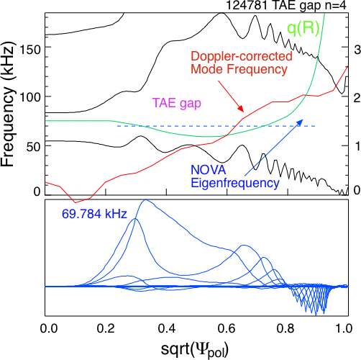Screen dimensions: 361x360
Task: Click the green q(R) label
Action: coord(303,29)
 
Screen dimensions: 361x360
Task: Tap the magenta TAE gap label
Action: coord(177,103)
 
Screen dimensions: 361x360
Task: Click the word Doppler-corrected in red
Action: coord(242,56)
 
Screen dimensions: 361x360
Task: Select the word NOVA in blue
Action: coord(209,170)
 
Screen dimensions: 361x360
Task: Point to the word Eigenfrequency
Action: coord(235,183)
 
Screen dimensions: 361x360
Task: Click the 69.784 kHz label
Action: coord(94,214)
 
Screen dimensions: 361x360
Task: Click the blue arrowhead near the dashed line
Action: coord(299,122)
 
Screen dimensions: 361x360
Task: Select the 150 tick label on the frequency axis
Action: coord(29,50)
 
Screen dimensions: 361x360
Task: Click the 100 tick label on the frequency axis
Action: coord(29,98)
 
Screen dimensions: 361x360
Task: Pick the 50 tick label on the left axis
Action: coord(33,147)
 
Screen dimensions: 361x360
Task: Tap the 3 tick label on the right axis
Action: coord(357,50)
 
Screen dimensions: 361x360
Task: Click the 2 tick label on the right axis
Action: coord(357,98)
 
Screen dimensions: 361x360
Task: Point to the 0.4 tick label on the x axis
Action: coord(167,328)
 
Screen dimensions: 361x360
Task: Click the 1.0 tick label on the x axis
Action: coord(344,328)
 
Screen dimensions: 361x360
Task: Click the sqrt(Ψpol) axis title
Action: coord(194,349)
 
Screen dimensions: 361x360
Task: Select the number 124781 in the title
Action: coord(247,5)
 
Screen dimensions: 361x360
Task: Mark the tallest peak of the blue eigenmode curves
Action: coord(145,199)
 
